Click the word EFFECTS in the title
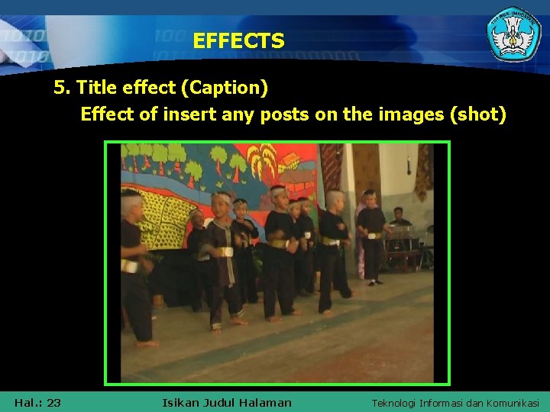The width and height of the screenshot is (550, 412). click(238, 40)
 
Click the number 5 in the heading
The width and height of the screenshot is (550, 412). click(59, 89)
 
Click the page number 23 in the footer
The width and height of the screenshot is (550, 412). click(54, 403)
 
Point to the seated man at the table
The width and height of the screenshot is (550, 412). click(399, 220)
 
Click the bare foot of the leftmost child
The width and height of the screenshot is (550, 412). click(147, 344)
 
